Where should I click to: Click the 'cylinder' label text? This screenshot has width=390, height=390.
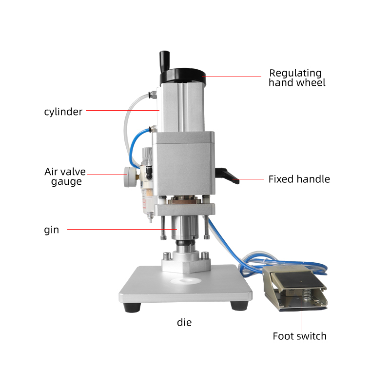[x=63, y=112]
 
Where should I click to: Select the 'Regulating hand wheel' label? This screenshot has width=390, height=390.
[x=297, y=78]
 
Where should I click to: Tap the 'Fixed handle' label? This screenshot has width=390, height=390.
[x=299, y=179]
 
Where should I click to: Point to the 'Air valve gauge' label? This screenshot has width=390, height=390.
[x=65, y=176]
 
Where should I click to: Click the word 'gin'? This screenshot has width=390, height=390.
[x=52, y=230]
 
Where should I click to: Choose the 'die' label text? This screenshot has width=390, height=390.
[x=184, y=322]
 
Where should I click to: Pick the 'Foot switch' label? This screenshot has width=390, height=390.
[x=299, y=336]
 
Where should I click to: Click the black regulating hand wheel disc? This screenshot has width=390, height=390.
[x=183, y=77]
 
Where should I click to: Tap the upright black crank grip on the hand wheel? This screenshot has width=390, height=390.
[x=164, y=61]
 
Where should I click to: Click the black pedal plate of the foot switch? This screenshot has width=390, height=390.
[x=298, y=280]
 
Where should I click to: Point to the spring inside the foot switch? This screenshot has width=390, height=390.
[x=308, y=294]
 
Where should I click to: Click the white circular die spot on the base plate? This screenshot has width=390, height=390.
[x=186, y=281]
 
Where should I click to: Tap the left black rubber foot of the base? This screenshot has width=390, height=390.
[x=132, y=308]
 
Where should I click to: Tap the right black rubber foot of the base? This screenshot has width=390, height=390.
[x=239, y=306]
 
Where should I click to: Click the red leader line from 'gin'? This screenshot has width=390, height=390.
[x=122, y=229]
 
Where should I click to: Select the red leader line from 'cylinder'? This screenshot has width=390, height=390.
[x=123, y=110]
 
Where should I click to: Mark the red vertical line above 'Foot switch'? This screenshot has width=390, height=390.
[x=301, y=316]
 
